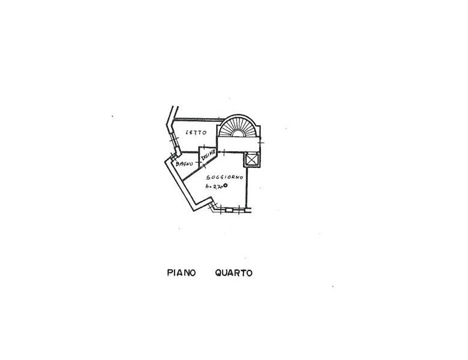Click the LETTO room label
[x=196, y=132]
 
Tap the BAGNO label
[x=184, y=163]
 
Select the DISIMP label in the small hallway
[x=208, y=155]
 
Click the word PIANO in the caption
[x=181, y=273]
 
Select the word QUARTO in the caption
[x=233, y=273]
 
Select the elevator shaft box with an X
[x=251, y=160]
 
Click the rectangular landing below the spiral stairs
[x=239, y=143]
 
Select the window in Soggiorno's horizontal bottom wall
[x=229, y=210]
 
